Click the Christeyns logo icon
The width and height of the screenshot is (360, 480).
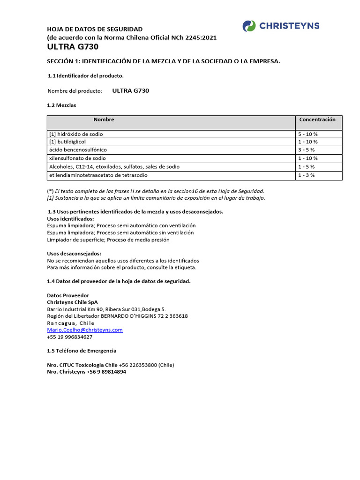(249, 26)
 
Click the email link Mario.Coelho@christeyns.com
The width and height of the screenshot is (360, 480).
(85, 330)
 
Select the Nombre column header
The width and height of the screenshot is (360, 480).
(104, 120)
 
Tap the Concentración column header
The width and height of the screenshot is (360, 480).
(317, 120)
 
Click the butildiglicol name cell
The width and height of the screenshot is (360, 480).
(68, 142)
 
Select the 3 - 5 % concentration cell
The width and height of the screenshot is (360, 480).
(307, 150)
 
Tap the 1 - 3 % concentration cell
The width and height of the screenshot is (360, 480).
(307, 175)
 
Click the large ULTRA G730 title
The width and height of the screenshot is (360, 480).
(73, 47)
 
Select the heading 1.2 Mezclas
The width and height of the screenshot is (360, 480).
(61, 105)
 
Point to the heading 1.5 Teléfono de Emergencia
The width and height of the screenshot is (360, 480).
(82, 351)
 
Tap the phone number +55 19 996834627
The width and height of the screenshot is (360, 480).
(70, 337)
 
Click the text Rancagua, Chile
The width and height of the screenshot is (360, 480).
(71, 323)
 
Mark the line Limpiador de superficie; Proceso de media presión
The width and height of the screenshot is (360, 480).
(108, 240)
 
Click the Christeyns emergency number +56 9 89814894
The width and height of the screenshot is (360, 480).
(106, 372)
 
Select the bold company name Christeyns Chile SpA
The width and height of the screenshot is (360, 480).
(76, 302)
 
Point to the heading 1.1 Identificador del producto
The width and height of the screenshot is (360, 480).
(86, 76)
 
